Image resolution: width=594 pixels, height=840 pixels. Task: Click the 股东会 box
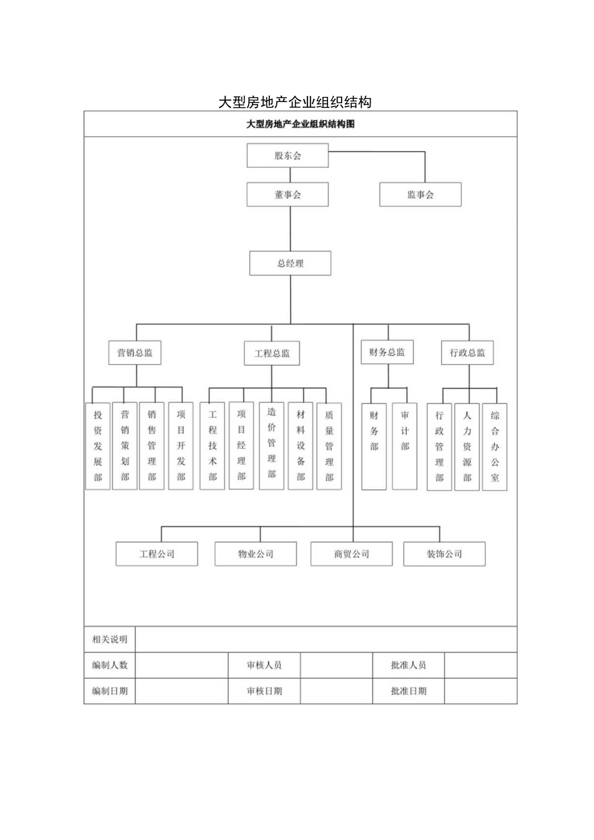(x=288, y=156)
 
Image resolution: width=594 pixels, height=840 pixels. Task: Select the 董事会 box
(x=288, y=194)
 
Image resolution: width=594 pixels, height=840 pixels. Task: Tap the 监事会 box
(x=420, y=194)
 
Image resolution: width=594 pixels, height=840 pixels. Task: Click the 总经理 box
(x=291, y=263)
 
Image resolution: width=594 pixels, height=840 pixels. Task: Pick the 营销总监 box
(x=134, y=353)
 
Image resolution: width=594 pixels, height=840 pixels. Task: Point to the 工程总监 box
(x=272, y=353)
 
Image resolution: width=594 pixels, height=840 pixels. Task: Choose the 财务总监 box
(x=387, y=353)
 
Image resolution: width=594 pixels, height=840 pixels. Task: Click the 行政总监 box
(x=467, y=353)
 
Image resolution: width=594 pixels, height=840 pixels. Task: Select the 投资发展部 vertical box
(x=97, y=446)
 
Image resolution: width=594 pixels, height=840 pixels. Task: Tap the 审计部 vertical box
(x=405, y=446)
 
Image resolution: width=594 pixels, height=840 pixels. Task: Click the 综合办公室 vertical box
(x=495, y=446)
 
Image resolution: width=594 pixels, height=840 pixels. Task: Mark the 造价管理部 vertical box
(x=272, y=446)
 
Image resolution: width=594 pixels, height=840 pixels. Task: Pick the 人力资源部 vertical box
(x=467, y=446)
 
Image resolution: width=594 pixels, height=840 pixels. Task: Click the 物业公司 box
(x=256, y=554)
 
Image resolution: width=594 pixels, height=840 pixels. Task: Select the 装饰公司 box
(x=444, y=554)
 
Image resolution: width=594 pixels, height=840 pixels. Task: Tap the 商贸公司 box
(x=351, y=554)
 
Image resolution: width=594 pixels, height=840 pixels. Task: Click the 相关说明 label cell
(x=110, y=639)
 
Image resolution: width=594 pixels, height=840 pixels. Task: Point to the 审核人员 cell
(x=264, y=665)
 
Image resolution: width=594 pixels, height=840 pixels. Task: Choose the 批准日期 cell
(x=408, y=691)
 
